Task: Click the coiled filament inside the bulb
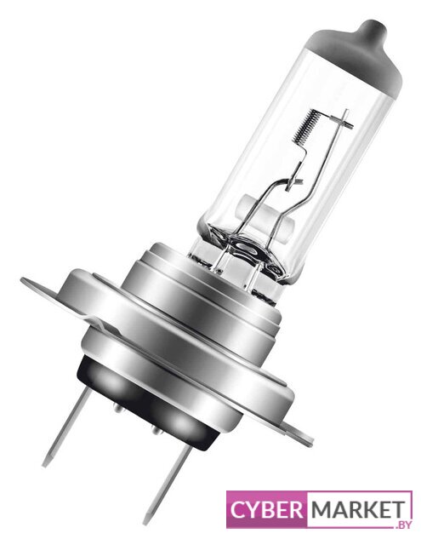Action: point(306,126)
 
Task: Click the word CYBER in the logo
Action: point(266,509)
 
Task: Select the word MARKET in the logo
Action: point(358,509)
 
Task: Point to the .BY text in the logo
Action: point(403,525)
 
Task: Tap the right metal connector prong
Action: point(167,485)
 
